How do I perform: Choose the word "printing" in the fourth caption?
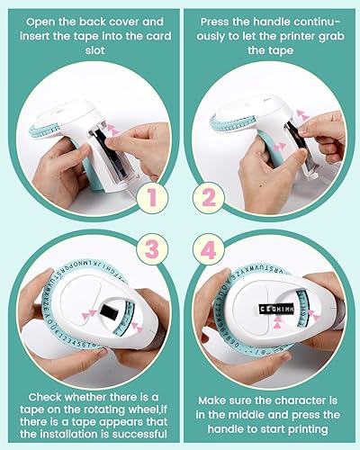pyautogui.click(x=297, y=429)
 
